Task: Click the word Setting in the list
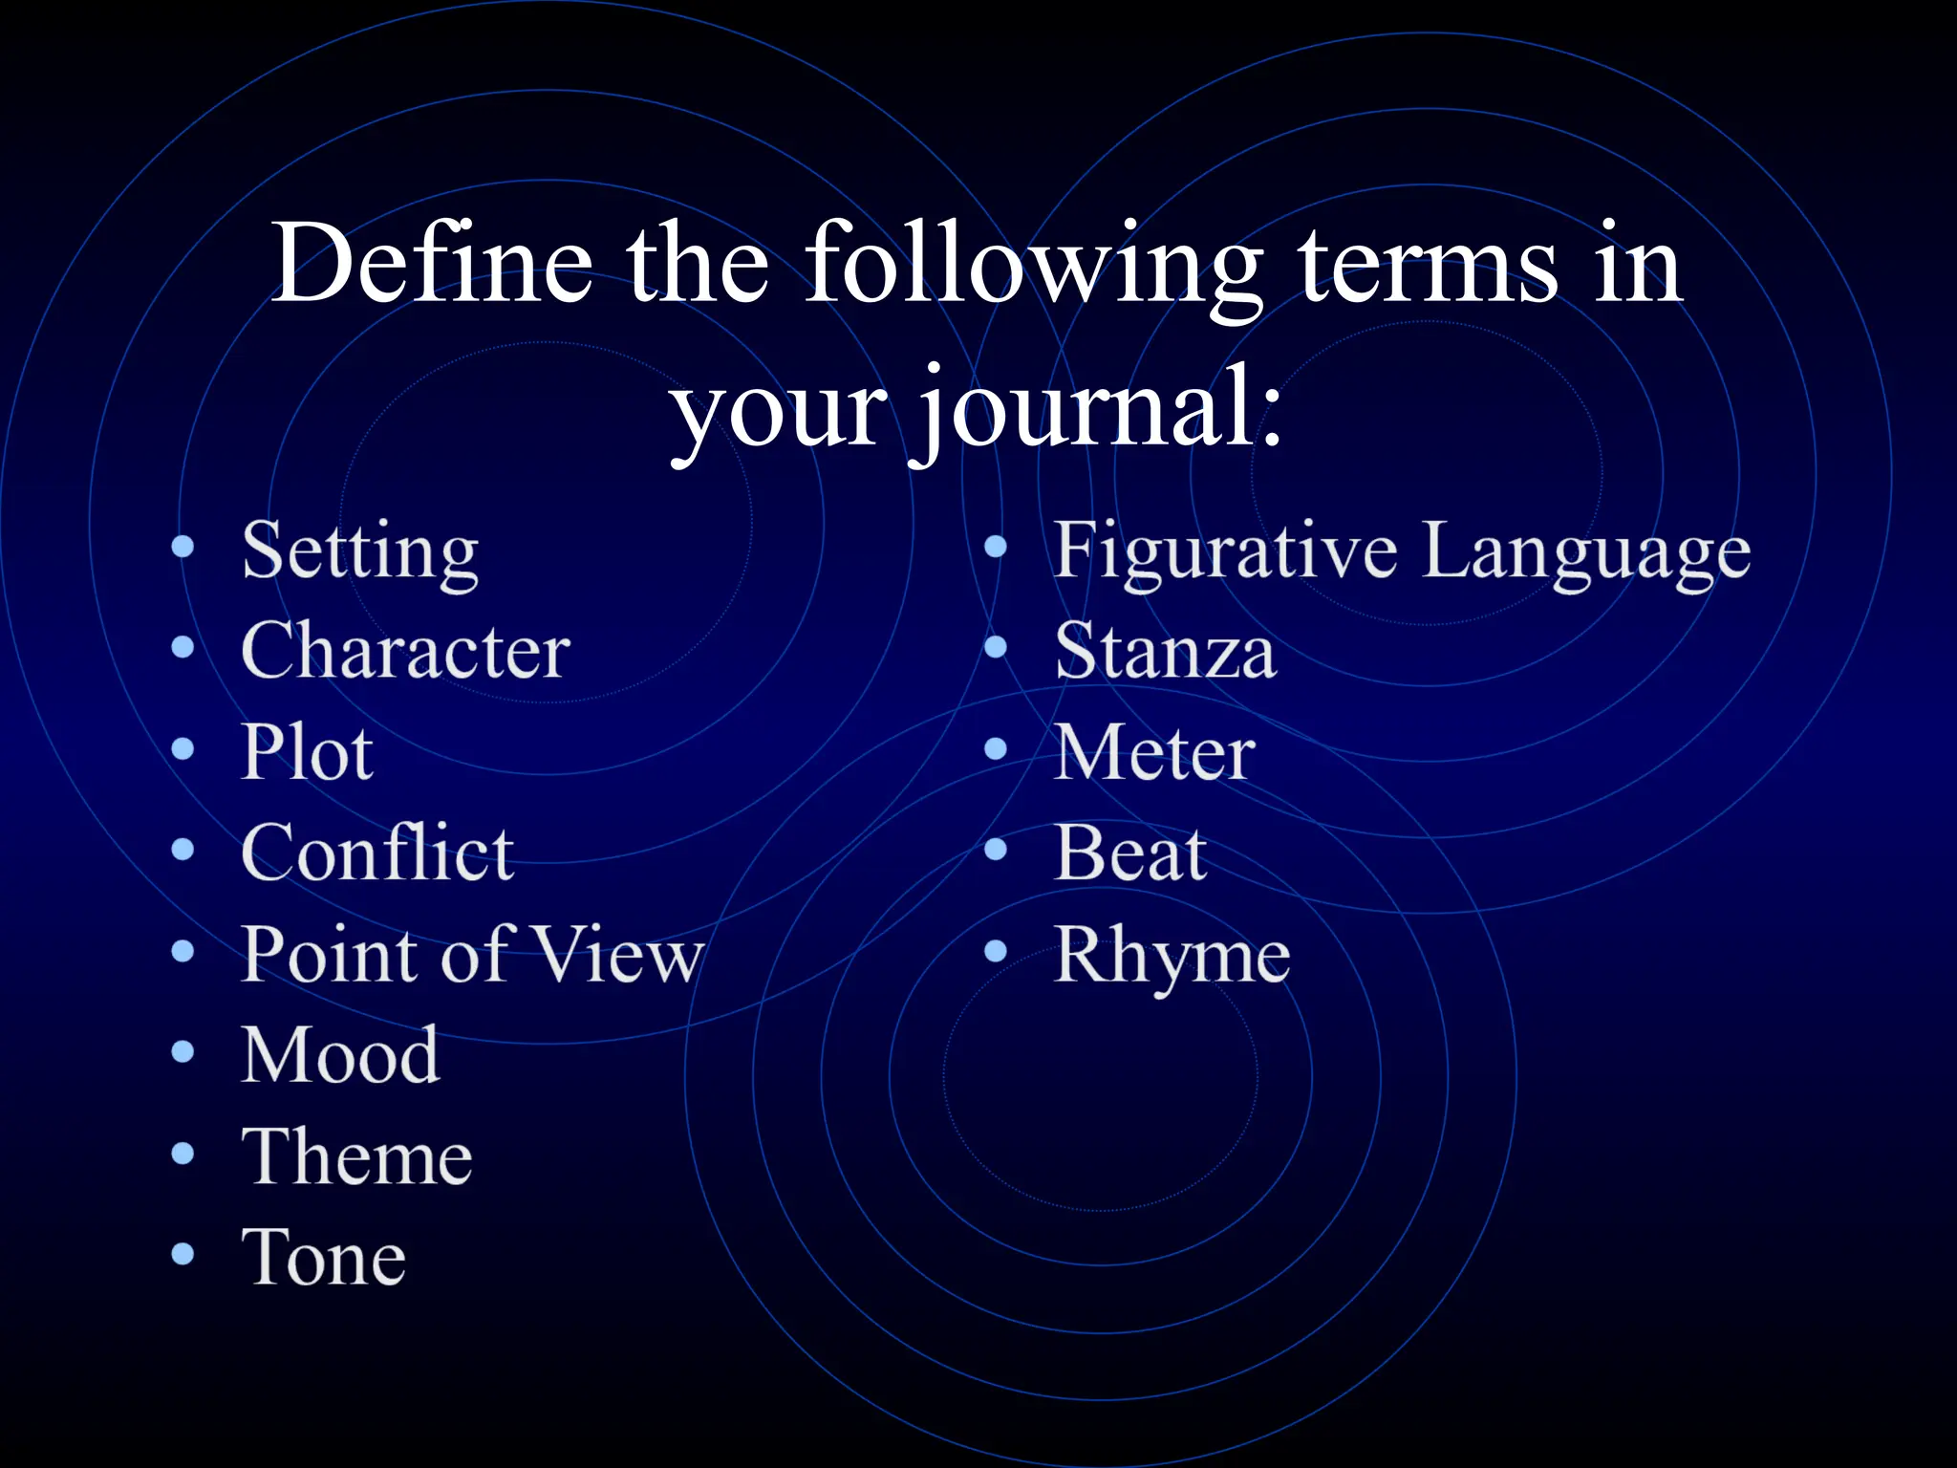(360, 552)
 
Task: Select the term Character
(406, 651)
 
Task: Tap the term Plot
(307, 752)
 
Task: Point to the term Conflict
(377, 853)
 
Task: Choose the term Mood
(340, 1055)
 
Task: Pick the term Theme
(356, 1156)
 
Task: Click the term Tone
(324, 1258)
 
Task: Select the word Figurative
(1224, 551)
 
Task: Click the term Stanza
(1165, 652)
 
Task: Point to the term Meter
(1154, 752)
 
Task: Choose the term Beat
(1130, 853)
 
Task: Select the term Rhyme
(1172, 956)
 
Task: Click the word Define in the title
(432, 262)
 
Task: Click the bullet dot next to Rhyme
(996, 950)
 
